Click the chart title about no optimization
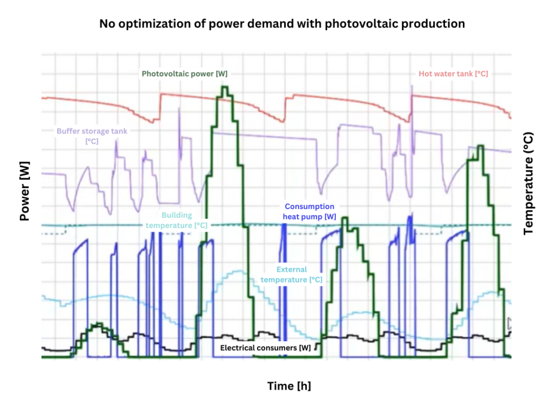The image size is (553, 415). [282, 24]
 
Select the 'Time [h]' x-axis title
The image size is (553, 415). [289, 386]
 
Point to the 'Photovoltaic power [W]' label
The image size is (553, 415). [184, 73]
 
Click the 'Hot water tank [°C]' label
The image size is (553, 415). [453, 73]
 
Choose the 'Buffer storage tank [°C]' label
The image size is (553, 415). [92, 136]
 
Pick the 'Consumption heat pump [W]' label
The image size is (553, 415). [309, 211]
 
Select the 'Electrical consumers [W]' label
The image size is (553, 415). [265, 347]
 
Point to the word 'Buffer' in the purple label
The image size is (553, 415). [69, 131]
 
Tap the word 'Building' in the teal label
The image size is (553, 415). [177, 215]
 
